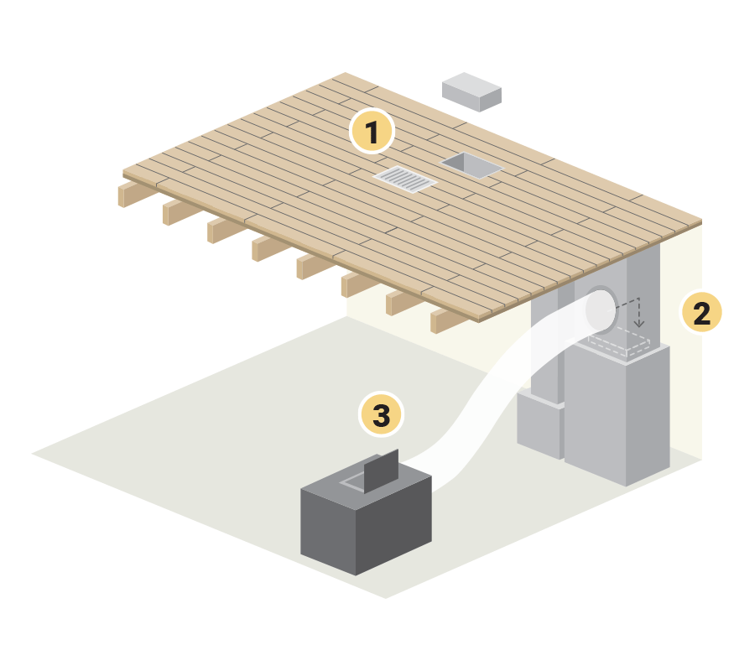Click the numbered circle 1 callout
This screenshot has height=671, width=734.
[372, 131]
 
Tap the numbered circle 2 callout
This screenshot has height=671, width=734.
[700, 312]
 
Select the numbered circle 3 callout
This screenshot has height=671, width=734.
[381, 414]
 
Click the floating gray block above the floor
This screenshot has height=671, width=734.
[472, 91]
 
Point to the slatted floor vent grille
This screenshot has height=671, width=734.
[405, 179]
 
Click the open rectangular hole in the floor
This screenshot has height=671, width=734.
[471, 164]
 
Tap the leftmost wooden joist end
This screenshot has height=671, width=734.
[130, 195]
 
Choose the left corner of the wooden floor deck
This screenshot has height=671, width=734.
[124, 171]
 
